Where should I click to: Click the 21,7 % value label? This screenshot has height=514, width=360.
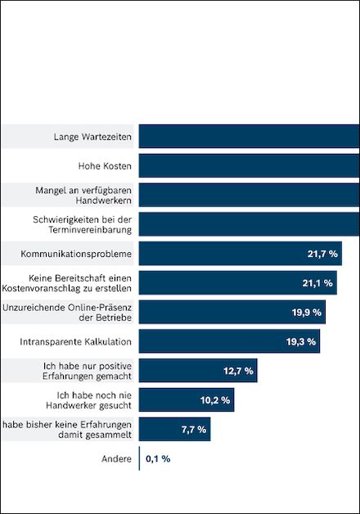click(x=322, y=254)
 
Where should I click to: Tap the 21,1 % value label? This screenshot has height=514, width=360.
click(x=317, y=283)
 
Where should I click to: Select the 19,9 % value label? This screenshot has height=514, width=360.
click(x=307, y=313)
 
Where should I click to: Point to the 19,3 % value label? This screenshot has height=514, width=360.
click(x=301, y=341)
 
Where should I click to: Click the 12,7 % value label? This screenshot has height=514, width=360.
click(x=238, y=371)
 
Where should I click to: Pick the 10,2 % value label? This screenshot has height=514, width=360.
click(x=215, y=400)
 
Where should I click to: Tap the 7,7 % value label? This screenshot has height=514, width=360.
click(x=194, y=430)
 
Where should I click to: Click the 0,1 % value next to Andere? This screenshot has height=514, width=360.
click(x=158, y=458)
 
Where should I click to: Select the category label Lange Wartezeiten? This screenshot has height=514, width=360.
click(x=92, y=137)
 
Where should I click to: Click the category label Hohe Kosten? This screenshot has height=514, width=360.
click(x=105, y=166)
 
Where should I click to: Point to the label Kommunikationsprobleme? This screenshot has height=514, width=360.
click(x=76, y=254)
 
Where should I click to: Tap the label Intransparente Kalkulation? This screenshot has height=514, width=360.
click(x=75, y=342)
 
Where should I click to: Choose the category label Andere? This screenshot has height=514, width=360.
click(x=116, y=458)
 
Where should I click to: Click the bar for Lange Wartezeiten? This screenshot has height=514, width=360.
click(x=250, y=137)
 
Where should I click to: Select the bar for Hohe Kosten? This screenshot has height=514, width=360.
click(x=250, y=166)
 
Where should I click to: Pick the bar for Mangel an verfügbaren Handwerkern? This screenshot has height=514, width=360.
click(x=250, y=195)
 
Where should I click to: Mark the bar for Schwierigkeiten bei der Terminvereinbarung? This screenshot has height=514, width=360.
click(x=250, y=224)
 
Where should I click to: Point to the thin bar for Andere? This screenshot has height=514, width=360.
click(x=139, y=458)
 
